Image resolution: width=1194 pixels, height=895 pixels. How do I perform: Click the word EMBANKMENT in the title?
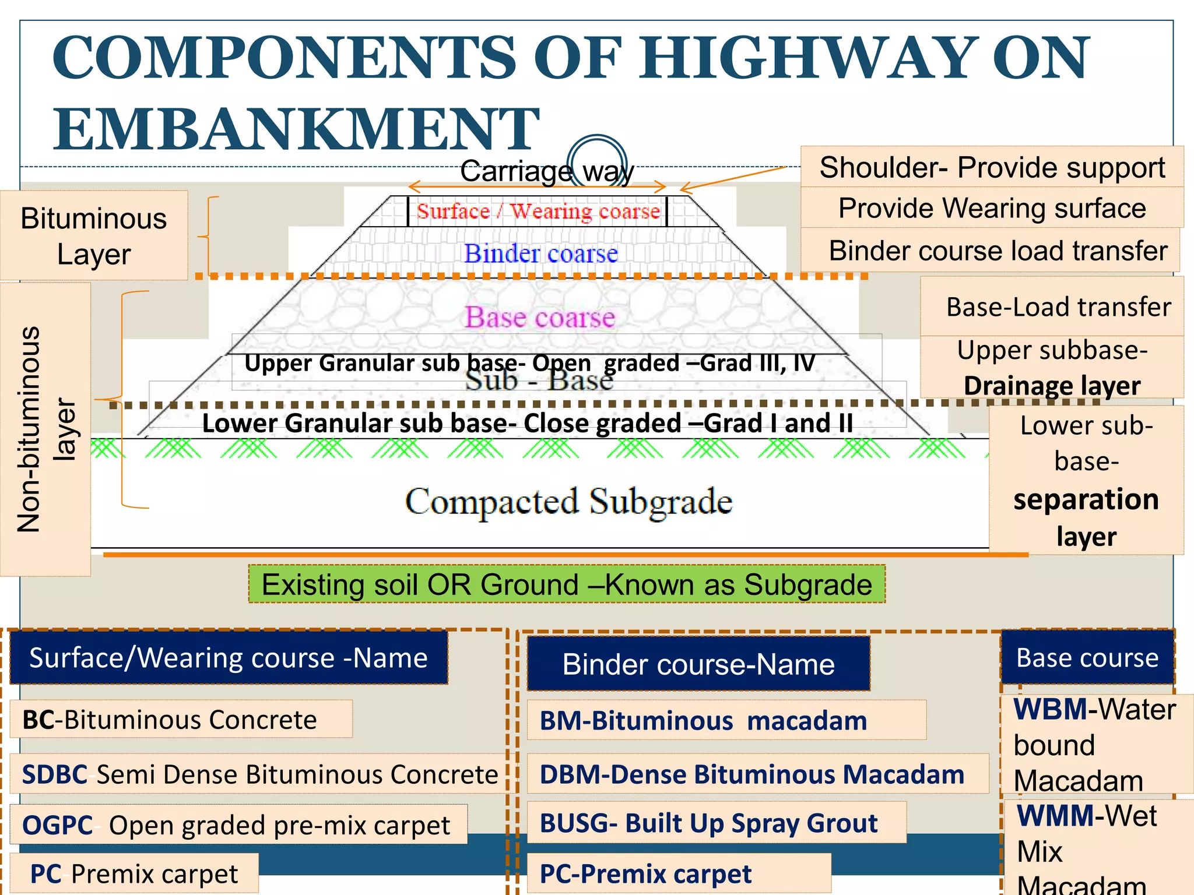tap(296, 129)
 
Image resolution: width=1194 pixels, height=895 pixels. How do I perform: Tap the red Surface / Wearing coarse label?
tap(538, 212)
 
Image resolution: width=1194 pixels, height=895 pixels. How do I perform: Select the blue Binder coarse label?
tap(540, 253)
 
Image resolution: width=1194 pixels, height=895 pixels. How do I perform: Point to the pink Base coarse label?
tap(540, 318)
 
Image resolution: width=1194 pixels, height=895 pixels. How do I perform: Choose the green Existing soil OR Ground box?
tap(567, 584)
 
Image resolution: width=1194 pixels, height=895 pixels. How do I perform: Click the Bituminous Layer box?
tap(94, 236)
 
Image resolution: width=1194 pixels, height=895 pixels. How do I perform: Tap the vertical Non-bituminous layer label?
tap(45, 429)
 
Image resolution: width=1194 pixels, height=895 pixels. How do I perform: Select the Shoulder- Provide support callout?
tap(992, 168)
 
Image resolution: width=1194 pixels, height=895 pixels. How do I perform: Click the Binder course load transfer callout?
tap(998, 251)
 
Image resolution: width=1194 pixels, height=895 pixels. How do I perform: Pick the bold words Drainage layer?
tap(1052, 386)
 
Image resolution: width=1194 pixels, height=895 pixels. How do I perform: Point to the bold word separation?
tap(1086, 500)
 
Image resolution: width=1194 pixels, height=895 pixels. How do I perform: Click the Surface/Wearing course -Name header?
tap(229, 658)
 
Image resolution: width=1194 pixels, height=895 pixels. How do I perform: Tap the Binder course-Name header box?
tap(698, 664)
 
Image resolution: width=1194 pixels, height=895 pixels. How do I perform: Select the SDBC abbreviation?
tap(55, 775)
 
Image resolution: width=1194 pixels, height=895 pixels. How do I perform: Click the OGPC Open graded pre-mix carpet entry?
tap(236, 825)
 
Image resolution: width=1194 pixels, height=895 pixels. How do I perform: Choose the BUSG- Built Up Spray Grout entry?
tap(708, 823)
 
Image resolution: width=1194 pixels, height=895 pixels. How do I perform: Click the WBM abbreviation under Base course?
tap(1050, 710)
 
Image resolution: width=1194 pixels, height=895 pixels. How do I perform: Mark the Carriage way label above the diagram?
tap(546, 171)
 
